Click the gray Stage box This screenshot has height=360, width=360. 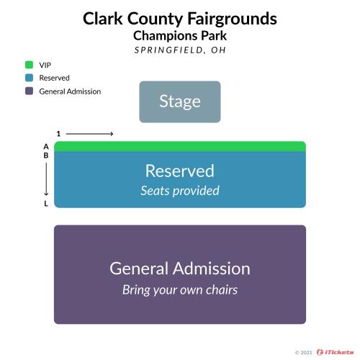[180, 102]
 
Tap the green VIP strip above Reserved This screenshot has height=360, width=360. [180, 147]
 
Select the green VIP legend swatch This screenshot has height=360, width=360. [29, 65]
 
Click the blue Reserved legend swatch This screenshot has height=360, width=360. [29, 78]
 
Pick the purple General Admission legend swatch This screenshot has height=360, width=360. [29, 91]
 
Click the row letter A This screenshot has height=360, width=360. [46, 146]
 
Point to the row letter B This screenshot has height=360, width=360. [46, 156]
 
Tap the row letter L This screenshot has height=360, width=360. [46, 204]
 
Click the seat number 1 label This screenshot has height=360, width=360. [58, 134]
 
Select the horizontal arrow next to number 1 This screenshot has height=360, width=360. [89, 134]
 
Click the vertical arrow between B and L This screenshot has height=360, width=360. [46, 179]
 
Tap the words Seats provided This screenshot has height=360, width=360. [180, 191]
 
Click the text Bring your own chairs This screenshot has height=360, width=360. [180, 290]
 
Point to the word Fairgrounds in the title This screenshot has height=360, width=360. [232, 19]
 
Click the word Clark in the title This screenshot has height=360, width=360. [103, 19]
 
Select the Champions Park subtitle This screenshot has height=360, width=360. [180, 36]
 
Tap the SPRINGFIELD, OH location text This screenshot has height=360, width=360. [180, 50]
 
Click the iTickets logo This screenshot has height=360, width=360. [335, 352]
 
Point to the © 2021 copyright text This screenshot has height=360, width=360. [304, 353]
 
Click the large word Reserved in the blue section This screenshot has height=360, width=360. [180, 171]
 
